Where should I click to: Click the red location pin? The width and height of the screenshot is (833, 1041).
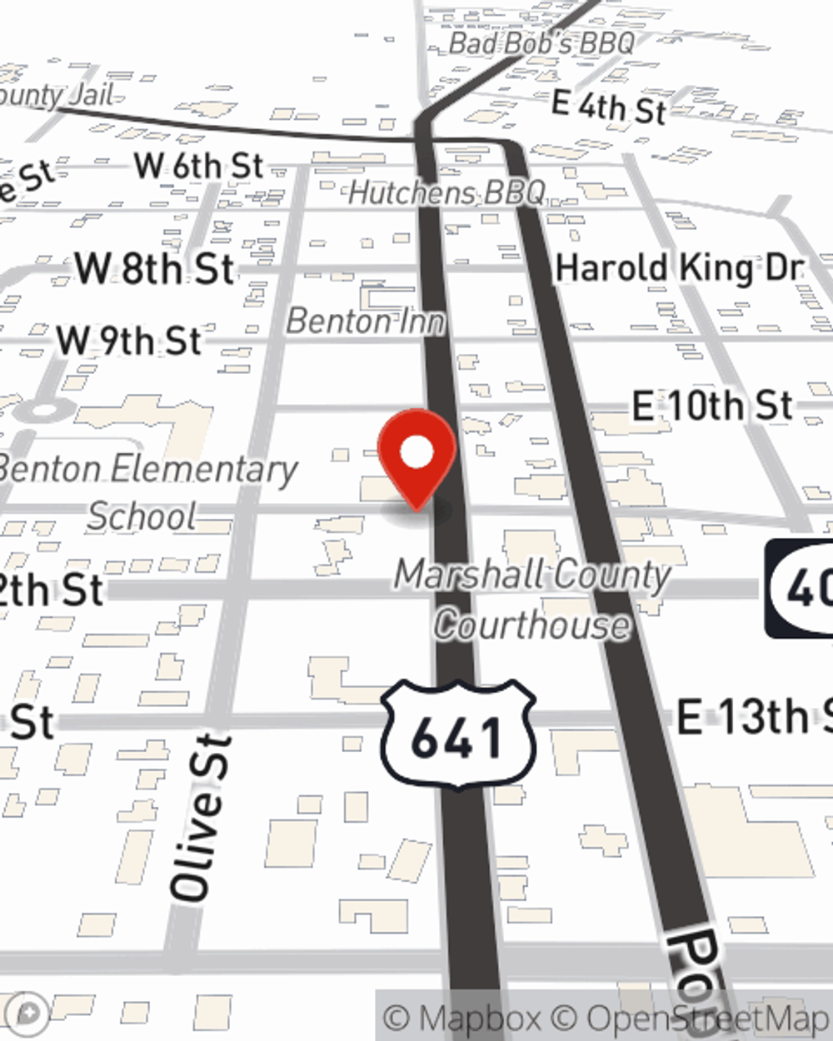pyautogui.click(x=416, y=455)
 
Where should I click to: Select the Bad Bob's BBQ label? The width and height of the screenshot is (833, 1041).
pyautogui.click(x=541, y=42)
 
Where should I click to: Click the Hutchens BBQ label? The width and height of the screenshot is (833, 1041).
pyautogui.click(x=446, y=193)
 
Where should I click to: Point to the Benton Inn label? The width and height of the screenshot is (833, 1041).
pyautogui.click(x=366, y=321)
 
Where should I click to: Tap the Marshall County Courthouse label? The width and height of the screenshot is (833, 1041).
pyautogui.click(x=533, y=600)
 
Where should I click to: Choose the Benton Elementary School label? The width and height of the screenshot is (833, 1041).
pyautogui.click(x=146, y=491)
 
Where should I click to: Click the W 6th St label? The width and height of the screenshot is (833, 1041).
pyautogui.click(x=198, y=166)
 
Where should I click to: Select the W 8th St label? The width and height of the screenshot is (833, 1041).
pyautogui.click(x=154, y=269)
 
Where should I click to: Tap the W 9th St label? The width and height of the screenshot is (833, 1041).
pyautogui.click(x=128, y=341)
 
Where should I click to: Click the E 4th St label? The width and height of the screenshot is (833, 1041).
pyautogui.click(x=609, y=107)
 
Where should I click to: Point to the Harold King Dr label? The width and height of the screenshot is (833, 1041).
pyautogui.click(x=680, y=268)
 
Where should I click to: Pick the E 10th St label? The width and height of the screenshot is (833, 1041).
pyautogui.click(x=712, y=406)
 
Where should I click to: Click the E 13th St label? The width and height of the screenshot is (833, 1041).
pyautogui.click(x=750, y=717)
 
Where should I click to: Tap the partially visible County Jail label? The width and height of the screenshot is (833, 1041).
pyautogui.click(x=54, y=95)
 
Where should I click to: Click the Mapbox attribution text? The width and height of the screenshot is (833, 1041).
pyautogui.click(x=462, y=1018)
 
